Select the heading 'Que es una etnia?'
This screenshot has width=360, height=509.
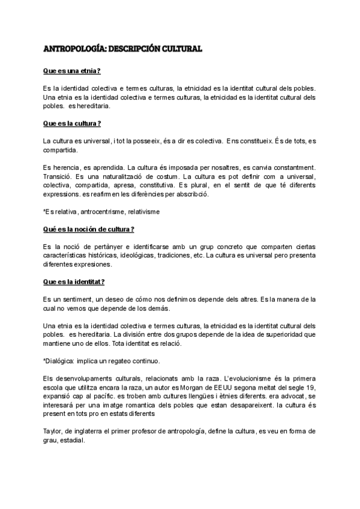coord(71,71)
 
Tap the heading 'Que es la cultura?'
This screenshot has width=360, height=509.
coord(71,123)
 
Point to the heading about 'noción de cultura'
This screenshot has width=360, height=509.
coord(88,229)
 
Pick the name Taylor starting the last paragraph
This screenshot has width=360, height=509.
coord(52,431)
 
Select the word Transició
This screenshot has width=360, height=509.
coord(59,176)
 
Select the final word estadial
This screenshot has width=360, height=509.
coord(71,439)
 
